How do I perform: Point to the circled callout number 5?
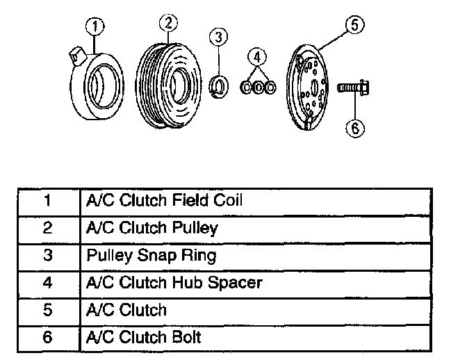click(x=354, y=26)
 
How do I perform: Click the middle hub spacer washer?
click(x=257, y=88)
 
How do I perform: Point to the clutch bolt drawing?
click(x=353, y=89)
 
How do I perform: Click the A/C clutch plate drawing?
click(x=311, y=87)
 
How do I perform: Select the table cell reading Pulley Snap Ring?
click(x=151, y=255)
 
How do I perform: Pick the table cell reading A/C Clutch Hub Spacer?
click(x=174, y=282)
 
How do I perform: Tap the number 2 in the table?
click(x=47, y=229)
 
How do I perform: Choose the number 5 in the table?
click(x=47, y=310)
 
